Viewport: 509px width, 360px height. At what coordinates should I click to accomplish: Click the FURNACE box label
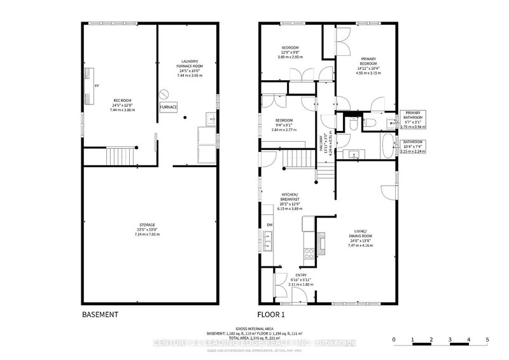[x=169, y=107]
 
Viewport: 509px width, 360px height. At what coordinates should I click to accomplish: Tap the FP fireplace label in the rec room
[x=97, y=85]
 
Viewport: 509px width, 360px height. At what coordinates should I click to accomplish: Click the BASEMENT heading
[x=101, y=315]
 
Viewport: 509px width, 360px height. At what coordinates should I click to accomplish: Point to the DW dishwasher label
[x=269, y=225]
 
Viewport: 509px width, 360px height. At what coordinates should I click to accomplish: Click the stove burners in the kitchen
[x=310, y=251]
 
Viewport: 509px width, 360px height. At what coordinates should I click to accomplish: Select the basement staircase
[x=120, y=155]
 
